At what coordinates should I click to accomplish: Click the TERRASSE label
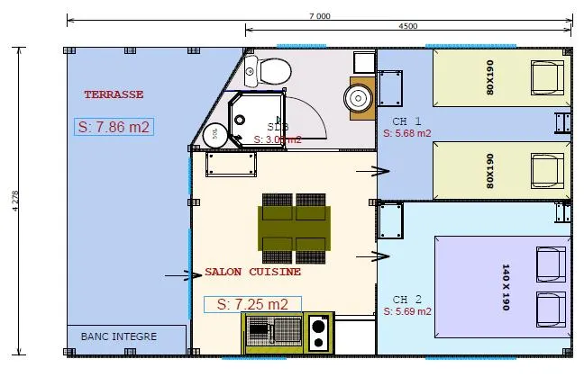pyautogui.click(x=114, y=94)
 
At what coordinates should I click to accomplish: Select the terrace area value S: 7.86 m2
pyautogui.click(x=114, y=127)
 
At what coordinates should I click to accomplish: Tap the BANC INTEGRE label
pyautogui.click(x=119, y=337)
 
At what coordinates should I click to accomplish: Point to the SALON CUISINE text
pyautogui.click(x=252, y=272)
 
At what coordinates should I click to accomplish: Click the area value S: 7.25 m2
pyautogui.click(x=252, y=304)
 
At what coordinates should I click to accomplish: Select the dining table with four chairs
pyautogui.click(x=294, y=222)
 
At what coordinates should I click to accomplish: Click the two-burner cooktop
pyautogui.click(x=318, y=333)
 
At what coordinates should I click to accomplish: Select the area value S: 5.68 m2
pyautogui.click(x=407, y=133)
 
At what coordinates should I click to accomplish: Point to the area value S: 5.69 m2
pyautogui.click(x=407, y=311)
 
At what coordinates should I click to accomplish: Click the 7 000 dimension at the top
pyautogui.click(x=319, y=15)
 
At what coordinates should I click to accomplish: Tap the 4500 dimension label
pyautogui.click(x=407, y=26)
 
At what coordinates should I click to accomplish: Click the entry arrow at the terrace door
pyautogui.click(x=192, y=274)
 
